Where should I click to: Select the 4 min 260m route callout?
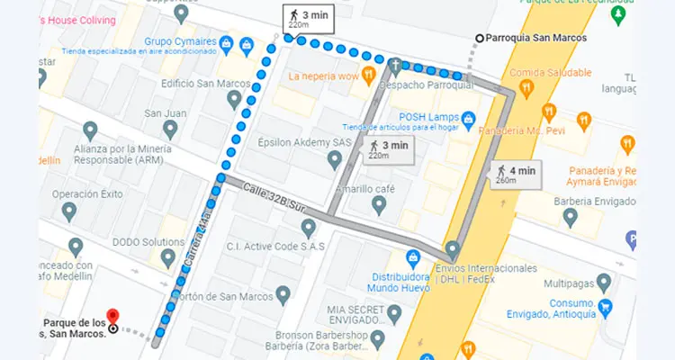pos(517,174)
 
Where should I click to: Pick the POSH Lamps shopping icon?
pos(468,118)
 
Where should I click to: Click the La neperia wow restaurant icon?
pos(367,75)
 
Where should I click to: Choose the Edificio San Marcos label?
pos(199,84)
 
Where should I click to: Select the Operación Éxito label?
pos(86,193)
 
